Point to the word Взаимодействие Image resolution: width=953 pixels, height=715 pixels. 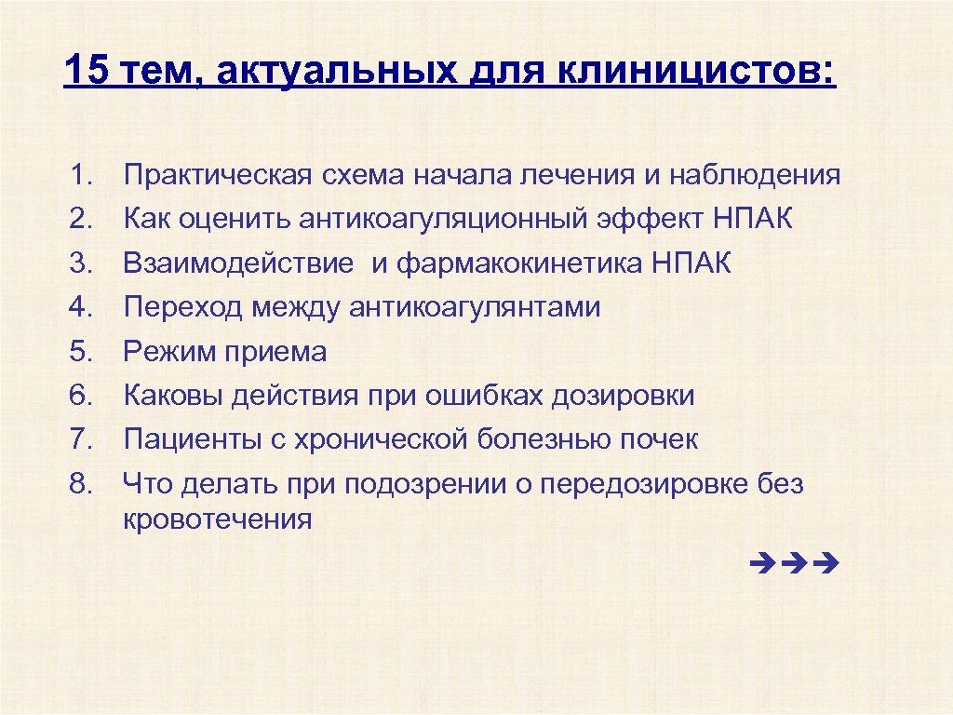coord(238,263)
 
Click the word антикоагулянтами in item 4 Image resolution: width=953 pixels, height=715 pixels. coord(475,307)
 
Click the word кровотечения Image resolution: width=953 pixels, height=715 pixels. coord(218,519)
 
